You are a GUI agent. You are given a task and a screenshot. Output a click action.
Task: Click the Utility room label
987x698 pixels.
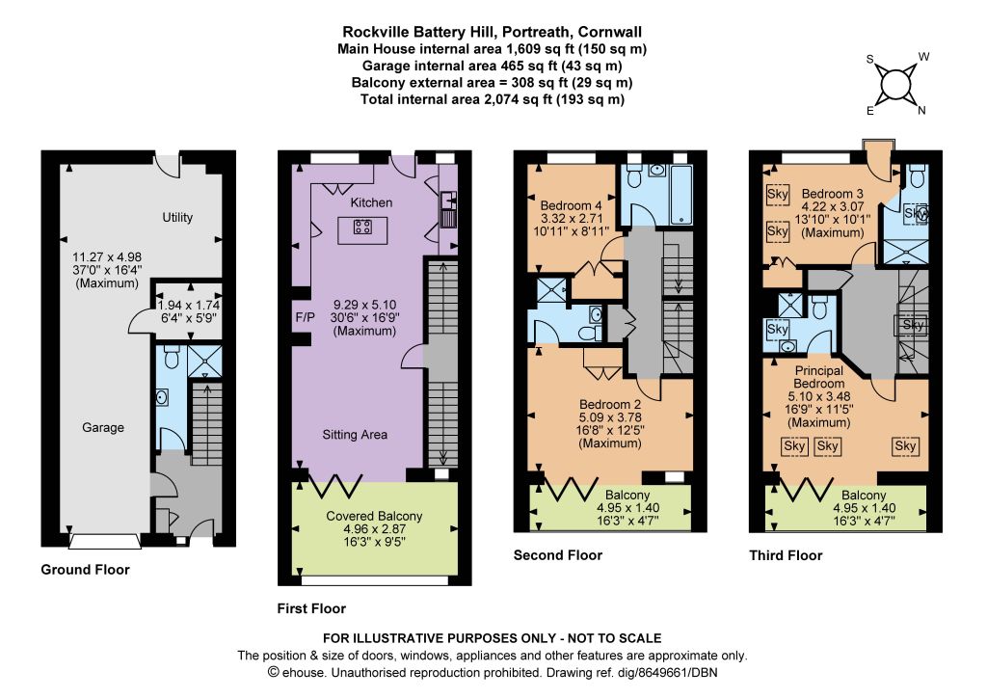(177, 217)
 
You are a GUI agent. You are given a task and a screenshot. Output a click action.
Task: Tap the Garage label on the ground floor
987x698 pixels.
(103, 427)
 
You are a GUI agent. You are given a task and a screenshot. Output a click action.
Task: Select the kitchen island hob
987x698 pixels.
(362, 227)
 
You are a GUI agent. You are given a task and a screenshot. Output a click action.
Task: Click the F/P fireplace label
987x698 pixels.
(305, 318)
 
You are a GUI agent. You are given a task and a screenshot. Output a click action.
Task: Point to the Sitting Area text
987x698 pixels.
(355, 434)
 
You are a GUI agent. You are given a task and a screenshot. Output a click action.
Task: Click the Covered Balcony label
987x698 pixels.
(374, 516)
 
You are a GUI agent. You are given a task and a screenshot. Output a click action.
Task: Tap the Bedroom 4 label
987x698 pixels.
(571, 205)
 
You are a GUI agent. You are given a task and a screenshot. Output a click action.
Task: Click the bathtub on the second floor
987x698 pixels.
(681, 194)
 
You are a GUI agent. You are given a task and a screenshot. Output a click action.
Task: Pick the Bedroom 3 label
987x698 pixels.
(832, 194)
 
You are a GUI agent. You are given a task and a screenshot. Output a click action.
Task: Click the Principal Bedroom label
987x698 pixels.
(819, 377)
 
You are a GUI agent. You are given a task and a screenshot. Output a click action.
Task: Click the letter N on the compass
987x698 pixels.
(921, 111)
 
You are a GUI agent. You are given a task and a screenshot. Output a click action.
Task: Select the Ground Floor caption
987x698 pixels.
(85, 570)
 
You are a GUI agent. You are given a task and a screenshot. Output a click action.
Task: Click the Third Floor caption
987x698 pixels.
(786, 555)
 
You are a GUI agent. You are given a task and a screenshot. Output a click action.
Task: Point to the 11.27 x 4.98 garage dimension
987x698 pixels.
(107, 256)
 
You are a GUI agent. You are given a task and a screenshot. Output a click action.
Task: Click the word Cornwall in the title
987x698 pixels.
(610, 32)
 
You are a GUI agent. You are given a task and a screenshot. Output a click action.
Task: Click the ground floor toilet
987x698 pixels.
(171, 358)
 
